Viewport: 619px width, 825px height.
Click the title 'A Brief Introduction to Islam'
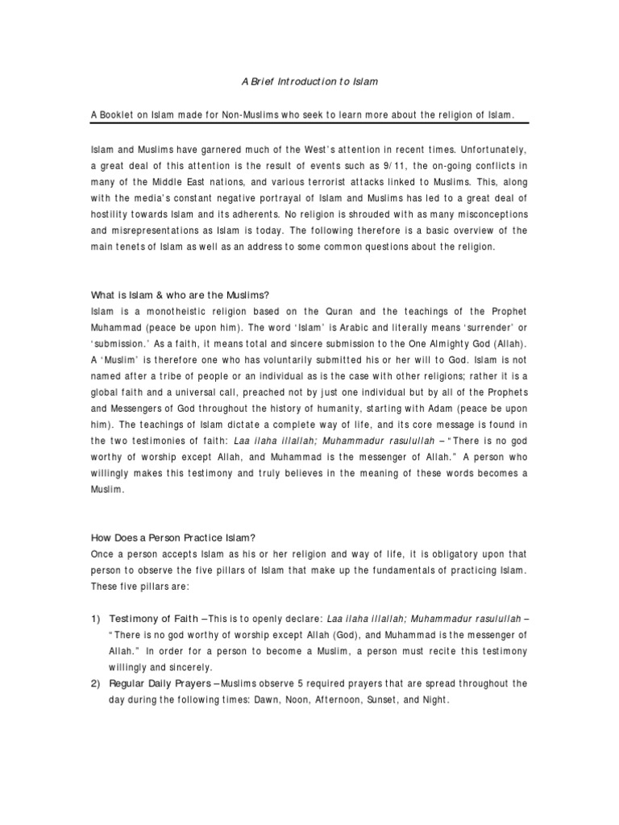pos(309,82)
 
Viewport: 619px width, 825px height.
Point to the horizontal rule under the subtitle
pos(309,123)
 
